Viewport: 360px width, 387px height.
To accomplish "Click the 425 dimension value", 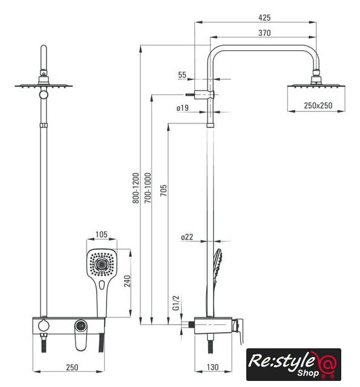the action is (x=264, y=18).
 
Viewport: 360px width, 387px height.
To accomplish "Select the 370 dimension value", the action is (x=264, y=33).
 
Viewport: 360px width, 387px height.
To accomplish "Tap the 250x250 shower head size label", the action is (x=318, y=106).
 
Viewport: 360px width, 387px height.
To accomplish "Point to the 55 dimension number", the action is (x=182, y=75).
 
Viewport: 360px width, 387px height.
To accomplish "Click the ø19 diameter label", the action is (x=183, y=108).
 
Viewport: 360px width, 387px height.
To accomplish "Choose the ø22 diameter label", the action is (x=187, y=237).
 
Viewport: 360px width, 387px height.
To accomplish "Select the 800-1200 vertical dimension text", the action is (x=136, y=188).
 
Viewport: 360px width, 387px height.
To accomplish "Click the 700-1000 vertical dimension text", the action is (x=148, y=188).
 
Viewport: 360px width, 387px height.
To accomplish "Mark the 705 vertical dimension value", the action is (x=163, y=190).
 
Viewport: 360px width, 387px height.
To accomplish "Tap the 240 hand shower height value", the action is (x=127, y=281).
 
